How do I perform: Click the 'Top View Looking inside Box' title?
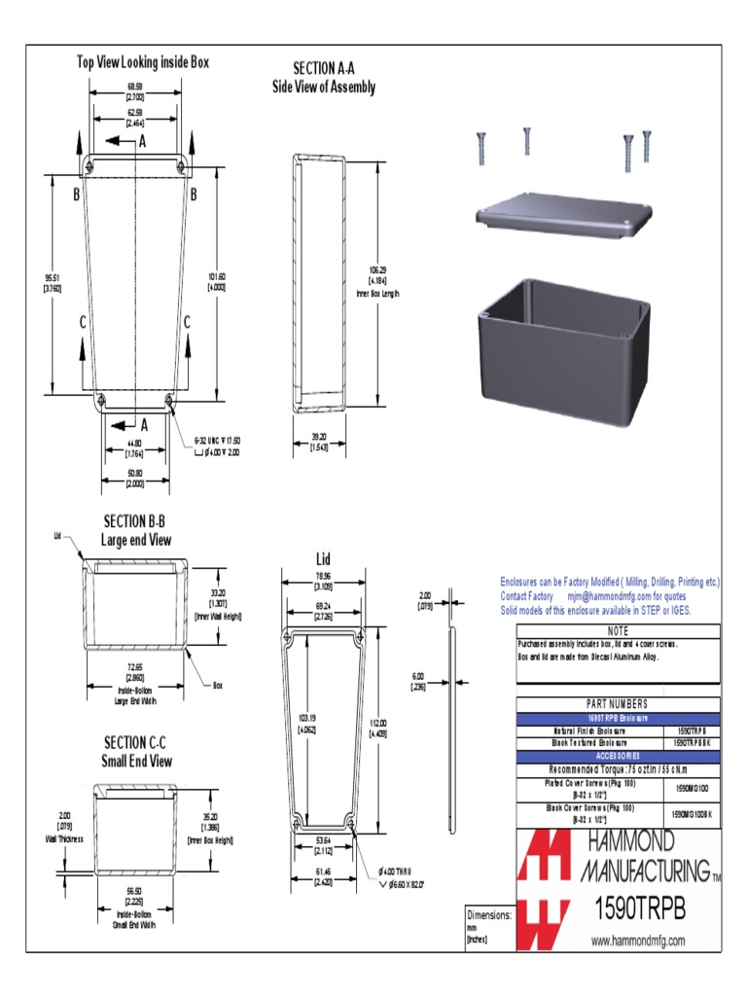coord(143,62)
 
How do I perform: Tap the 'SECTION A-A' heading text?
coord(323,68)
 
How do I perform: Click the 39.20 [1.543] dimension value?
coord(318,442)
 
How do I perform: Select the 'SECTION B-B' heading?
coord(136,522)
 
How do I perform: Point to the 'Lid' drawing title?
coord(324,558)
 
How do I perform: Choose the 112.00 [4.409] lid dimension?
coord(379,727)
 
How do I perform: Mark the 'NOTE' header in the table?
coord(619,631)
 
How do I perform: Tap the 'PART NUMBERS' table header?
coord(619,704)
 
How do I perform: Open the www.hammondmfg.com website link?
coord(638,941)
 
